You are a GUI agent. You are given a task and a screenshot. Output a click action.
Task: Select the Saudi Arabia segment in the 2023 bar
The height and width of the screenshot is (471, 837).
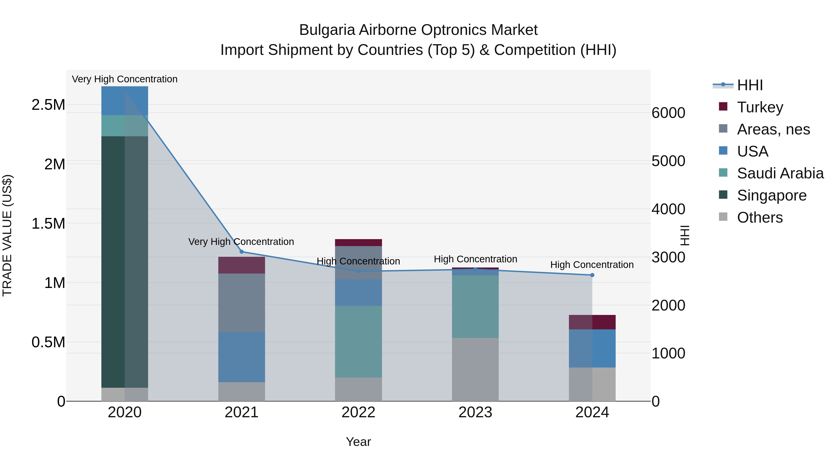tap(475, 307)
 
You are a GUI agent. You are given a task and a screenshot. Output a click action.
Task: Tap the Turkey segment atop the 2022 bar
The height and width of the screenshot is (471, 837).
tap(358, 243)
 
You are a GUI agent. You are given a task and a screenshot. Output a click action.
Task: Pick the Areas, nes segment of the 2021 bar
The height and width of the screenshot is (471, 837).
tap(241, 303)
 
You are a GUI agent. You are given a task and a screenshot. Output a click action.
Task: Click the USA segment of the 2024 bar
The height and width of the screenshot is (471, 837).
tap(592, 348)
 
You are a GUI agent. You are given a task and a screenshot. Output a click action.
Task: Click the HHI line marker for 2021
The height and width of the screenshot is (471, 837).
tap(241, 252)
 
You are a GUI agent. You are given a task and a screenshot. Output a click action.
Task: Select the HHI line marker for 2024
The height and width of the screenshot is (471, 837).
tap(592, 275)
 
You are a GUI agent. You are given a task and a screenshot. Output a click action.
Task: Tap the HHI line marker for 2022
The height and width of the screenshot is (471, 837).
tap(358, 271)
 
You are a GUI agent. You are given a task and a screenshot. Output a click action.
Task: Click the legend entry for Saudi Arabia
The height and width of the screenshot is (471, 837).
tap(780, 173)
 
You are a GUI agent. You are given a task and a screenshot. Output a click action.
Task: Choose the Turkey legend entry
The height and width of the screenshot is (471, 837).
tap(760, 107)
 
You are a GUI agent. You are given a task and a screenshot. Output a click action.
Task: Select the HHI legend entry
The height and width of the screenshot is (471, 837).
tap(750, 85)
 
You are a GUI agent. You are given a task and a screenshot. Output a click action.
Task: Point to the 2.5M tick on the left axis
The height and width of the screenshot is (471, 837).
tap(48, 105)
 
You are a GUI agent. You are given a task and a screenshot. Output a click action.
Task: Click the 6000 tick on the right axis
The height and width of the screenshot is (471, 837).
tap(668, 113)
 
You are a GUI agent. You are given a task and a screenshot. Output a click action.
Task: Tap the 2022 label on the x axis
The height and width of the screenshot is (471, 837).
tap(358, 412)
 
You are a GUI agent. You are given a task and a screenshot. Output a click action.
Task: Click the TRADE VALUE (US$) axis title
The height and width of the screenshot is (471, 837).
tap(7, 235)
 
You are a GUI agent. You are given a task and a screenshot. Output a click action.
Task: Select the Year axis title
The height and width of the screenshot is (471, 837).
tap(358, 442)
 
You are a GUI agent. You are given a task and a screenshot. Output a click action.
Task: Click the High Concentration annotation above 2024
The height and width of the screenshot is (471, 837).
tap(592, 265)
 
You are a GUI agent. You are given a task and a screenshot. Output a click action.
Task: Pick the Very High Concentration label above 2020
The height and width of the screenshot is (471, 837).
tap(125, 79)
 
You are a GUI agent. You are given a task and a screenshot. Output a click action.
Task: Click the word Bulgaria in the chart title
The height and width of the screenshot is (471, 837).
tap(327, 30)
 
